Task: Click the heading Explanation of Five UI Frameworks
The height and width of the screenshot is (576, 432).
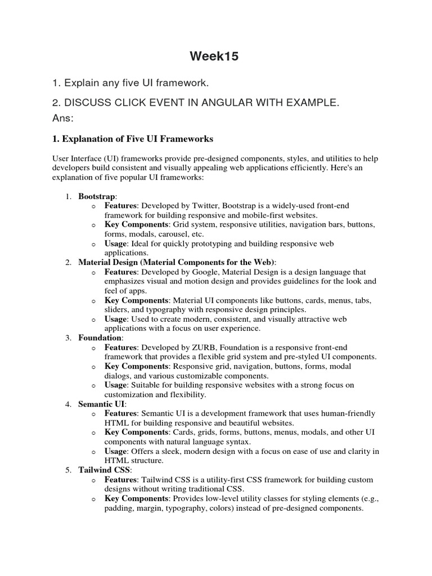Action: [x=136, y=138]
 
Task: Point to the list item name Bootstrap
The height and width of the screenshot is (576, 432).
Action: [x=97, y=196]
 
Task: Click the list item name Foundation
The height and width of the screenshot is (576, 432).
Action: [x=99, y=337]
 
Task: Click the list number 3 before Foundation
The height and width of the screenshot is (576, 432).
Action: [x=67, y=337]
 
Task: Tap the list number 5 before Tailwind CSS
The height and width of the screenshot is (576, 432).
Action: [x=67, y=469]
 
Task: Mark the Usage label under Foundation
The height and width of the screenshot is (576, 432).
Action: [x=116, y=385]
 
